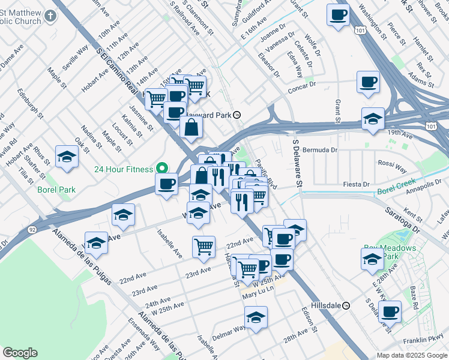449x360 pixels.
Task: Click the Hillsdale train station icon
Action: (x=346, y=305)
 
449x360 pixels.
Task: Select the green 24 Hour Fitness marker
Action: (x=161, y=169)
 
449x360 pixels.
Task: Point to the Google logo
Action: (x=20, y=353)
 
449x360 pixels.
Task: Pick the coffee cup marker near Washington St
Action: (x=338, y=14)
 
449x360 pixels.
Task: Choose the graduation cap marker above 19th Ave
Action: (x=372, y=119)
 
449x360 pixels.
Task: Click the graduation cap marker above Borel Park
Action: (x=67, y=157)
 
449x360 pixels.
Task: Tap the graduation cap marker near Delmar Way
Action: (x=256, y=317)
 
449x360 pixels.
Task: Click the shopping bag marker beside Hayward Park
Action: (x=191, y=127)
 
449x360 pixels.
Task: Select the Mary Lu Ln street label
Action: (x=258, y=296)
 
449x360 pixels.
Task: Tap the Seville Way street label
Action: (x=74, y=57)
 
